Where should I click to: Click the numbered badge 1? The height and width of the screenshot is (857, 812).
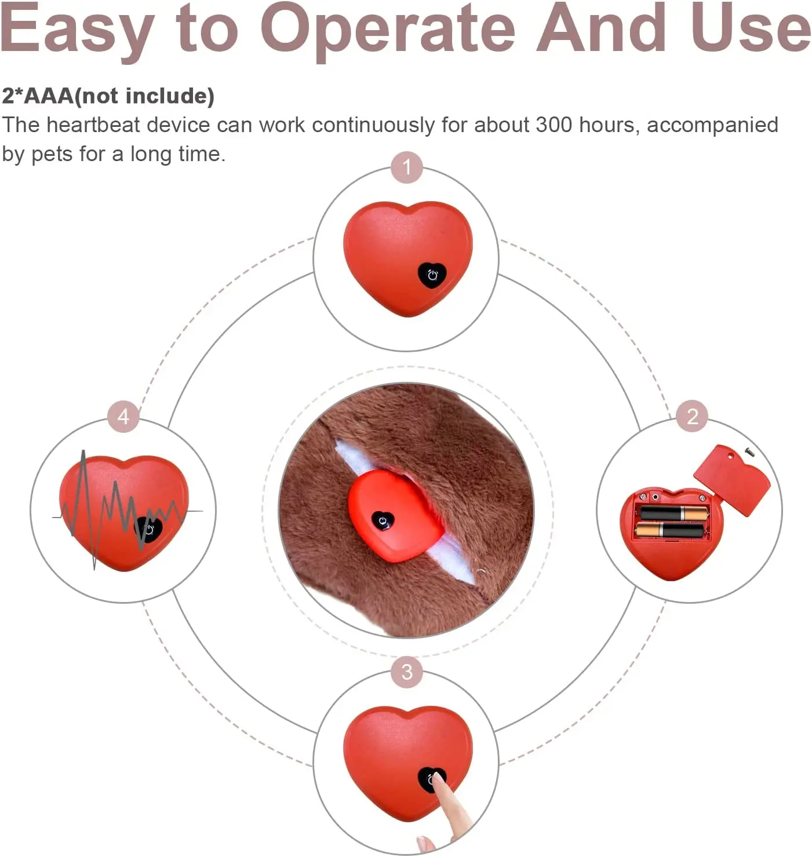pyautogui.click(x=406, y=167)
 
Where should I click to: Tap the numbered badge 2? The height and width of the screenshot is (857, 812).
pyautogui.click(x=692, y=416)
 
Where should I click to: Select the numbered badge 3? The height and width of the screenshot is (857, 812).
pyautogui.click(x=407, y=672)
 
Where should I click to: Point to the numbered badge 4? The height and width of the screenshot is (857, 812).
pyautogui.click(x=123, y=416)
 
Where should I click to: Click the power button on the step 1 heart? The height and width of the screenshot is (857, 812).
pyautogui.click(x=432, y=275)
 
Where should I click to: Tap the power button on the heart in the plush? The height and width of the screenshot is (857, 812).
pyautogui.click(x=383, y=521)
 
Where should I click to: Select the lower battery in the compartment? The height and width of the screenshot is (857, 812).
pyautogui.click(x=670, y=530)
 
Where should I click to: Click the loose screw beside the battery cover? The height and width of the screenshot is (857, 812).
pyautogui.click(x=749, y=451)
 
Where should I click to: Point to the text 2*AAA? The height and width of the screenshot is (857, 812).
pyautogui.click(x=38, y=96)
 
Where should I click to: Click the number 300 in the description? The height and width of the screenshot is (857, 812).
pyautogui.click(x=554, y=125)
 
